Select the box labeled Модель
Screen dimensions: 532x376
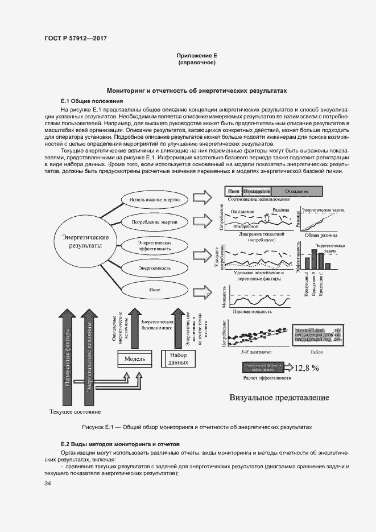(135, 359)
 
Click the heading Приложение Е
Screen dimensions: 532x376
(197, 56)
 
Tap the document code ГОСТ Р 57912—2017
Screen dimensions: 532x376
(76, 38)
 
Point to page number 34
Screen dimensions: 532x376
(48, 484)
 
